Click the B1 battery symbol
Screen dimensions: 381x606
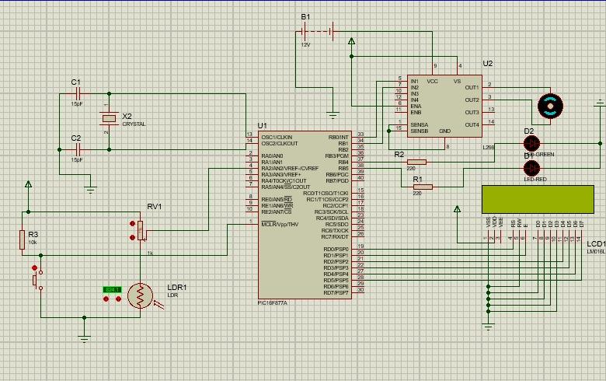pyautogui.click(x=317, y=32)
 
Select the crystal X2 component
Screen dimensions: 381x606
pyautogui.click(x=108, y=118)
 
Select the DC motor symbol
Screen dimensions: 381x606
pyautogui.click(x=550, y=107)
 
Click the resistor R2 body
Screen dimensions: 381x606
pyautogui.click(x=416, y=163)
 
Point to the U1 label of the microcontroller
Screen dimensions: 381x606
pyautogui.click(x=262, y=125)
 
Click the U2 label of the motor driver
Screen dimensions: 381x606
pyautogui.click(x=487, y=64)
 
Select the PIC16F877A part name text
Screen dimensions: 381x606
pyautogui.click(x=272, y=303)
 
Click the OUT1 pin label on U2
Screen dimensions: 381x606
pyautogui.click(x=472, y=87)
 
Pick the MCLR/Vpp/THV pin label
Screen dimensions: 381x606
pyautogui.click(x=280, y=224)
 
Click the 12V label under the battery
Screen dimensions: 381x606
pyautogui.click(x=305, y=44)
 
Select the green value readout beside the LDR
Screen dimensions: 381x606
pyautogui.click(x=113, y=289)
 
